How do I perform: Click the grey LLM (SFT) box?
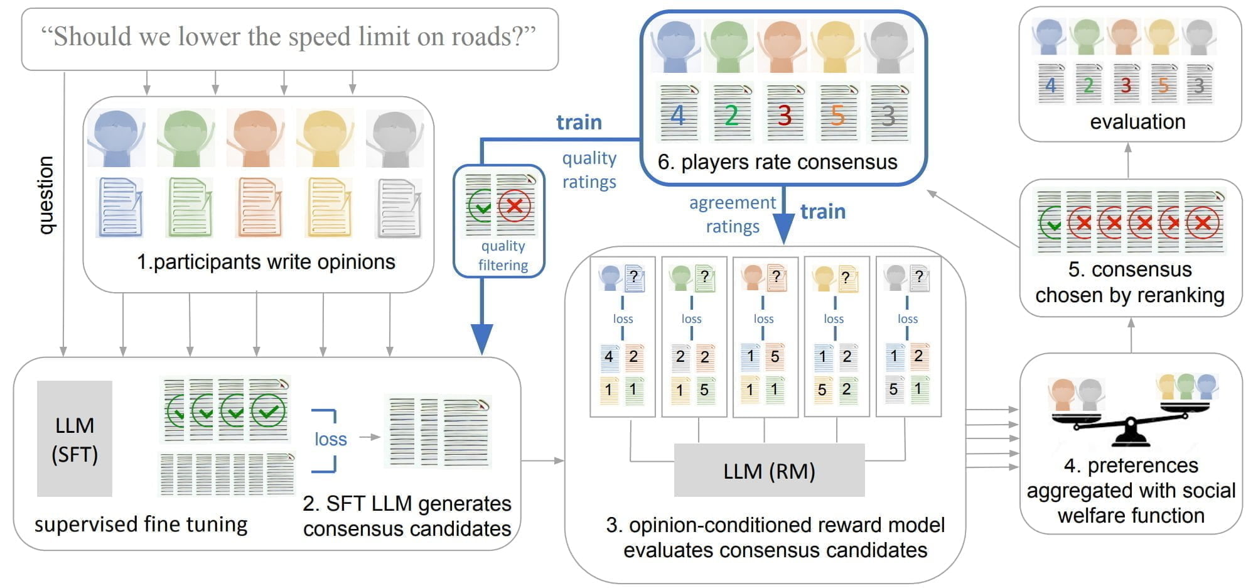(x=75, y=438)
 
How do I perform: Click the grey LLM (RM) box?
(x=769, y=471)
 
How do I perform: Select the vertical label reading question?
(x=45, y=195)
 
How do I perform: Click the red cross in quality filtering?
(x=514, y=205)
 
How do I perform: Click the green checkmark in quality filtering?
(x=481, y=205)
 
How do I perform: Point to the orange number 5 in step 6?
(x=837, y=116)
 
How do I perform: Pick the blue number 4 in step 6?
(x=678, y=116)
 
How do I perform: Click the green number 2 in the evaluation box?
(x=1088, y=85)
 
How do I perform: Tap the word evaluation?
(x=1137, y=122)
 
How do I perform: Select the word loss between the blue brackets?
(x=330, y=439)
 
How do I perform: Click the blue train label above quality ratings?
(x=579, y=122)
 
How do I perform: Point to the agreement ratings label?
(x=733, y=214)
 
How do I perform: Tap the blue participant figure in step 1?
(x=117, y=138)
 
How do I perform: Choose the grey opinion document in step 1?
(x=399, y=209)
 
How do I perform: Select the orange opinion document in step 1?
(x=258, y=209)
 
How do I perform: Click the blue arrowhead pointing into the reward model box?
(x=783, y=229)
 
